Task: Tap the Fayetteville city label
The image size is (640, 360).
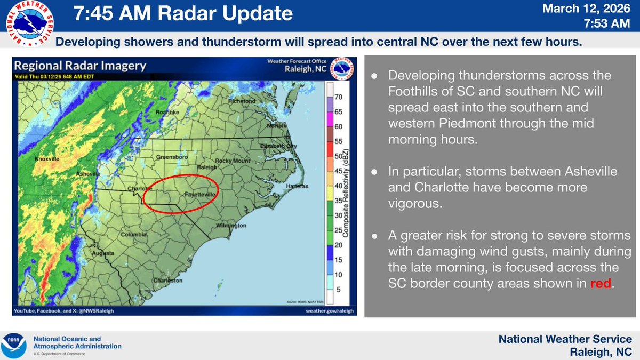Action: click(200, 195)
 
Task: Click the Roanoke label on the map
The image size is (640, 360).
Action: click(168, 113)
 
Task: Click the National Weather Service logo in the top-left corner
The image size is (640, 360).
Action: click(28, 25)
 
